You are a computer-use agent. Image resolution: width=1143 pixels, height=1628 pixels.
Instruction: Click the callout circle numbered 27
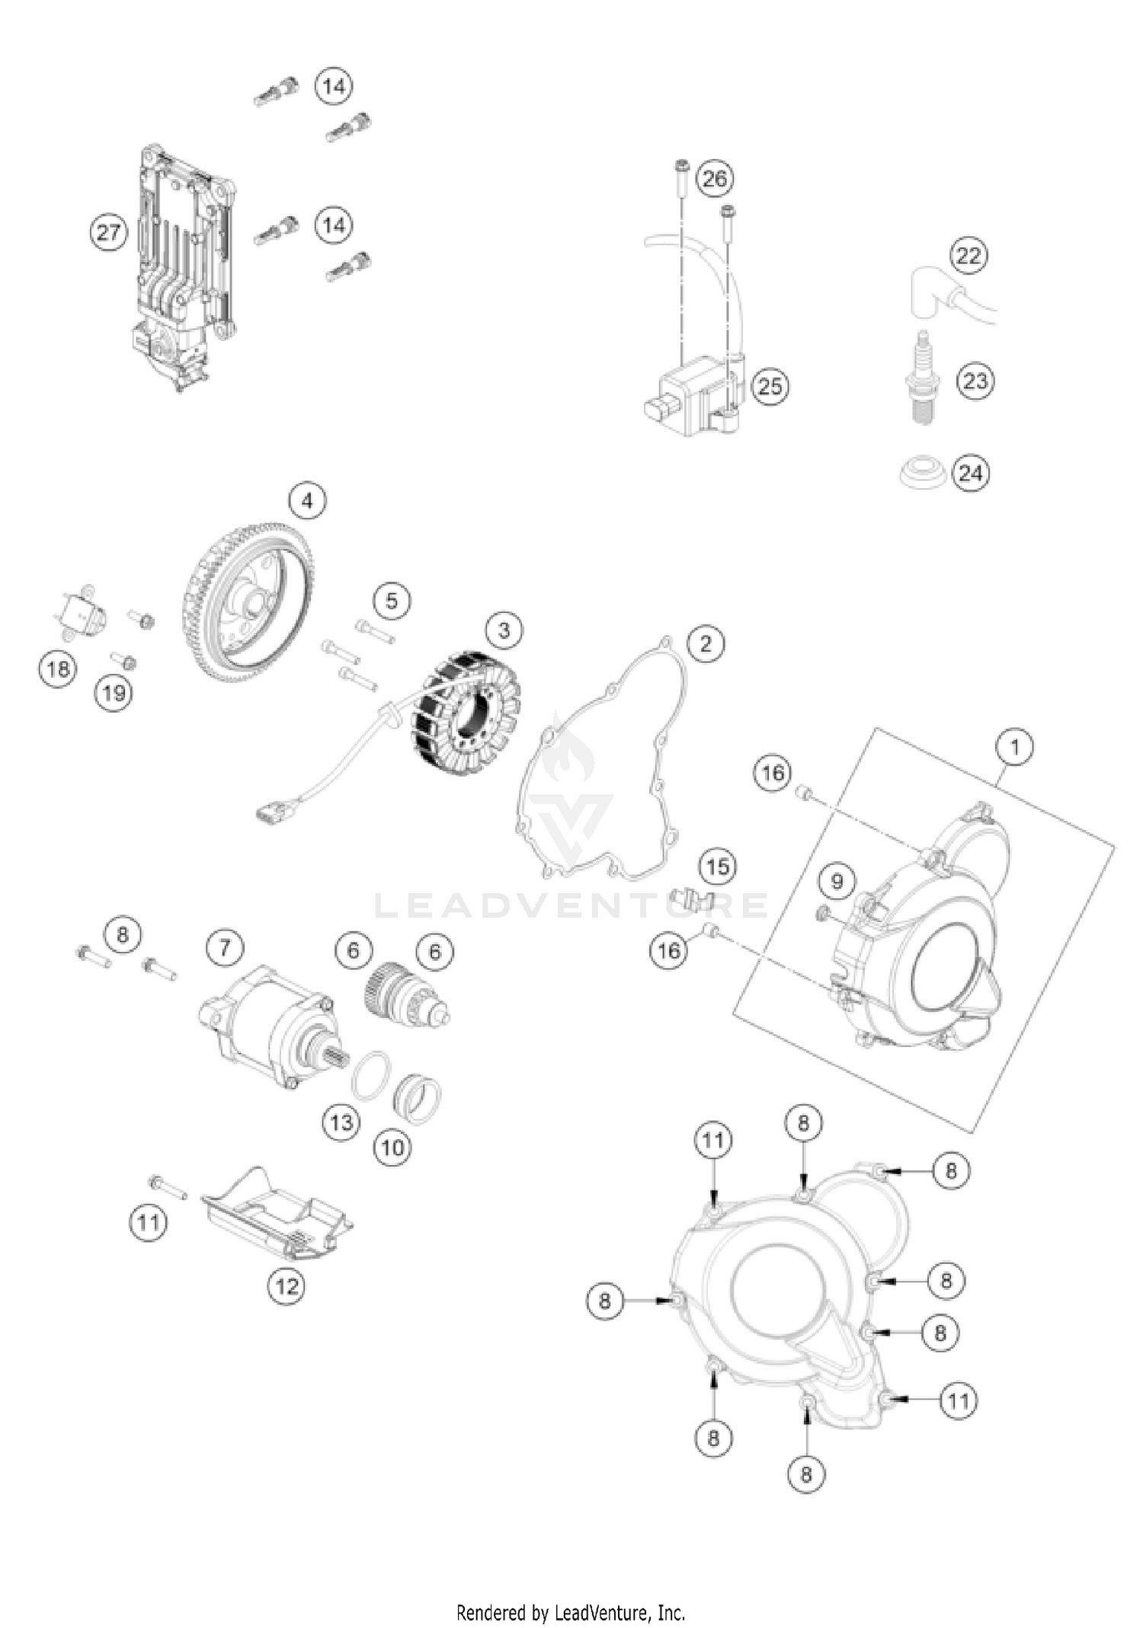click(108, 231)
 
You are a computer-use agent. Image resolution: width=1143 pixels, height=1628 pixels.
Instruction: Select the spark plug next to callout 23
click(923, 376)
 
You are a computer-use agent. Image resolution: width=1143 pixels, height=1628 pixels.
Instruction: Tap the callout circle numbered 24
click(970, 474)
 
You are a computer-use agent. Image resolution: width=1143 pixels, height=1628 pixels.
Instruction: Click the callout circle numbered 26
click(714, 179)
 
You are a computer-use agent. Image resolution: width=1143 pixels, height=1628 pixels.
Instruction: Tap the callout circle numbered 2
click(706, 643)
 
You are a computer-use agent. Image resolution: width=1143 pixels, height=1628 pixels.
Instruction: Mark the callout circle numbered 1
click(1014, 748)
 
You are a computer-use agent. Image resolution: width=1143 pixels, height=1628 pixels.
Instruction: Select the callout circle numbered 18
click(58, 669)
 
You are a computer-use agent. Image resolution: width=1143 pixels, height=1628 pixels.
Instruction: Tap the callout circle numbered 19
click(114, 693)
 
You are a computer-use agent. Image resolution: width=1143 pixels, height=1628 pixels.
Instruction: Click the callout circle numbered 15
click(717, 866)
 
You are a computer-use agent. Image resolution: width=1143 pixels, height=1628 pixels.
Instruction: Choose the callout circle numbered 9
click(837, 882)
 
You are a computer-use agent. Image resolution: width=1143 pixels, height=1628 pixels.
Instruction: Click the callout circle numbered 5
click(392, 601)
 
